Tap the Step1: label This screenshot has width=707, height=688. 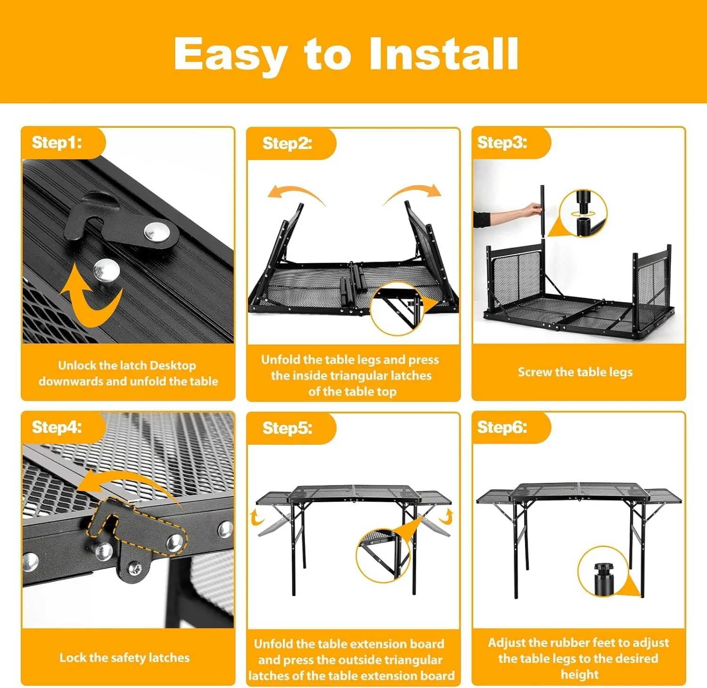(57, 142)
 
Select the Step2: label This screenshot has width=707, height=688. (287, 143)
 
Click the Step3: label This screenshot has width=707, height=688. (502, 142)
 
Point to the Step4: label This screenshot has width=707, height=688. (57, 427)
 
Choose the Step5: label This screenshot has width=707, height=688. (287, 428)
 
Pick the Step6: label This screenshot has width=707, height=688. (502, 427)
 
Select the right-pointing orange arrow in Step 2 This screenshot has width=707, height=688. (414, 192)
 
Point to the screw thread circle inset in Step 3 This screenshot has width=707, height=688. (584, 214)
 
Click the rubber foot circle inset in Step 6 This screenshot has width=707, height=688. (603, 572)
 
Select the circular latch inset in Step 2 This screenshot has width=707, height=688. (397, 308)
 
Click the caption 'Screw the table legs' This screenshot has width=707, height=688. (575, 372)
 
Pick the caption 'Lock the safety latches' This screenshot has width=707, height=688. (124, 657)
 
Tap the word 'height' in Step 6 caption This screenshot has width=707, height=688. (579, 674)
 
